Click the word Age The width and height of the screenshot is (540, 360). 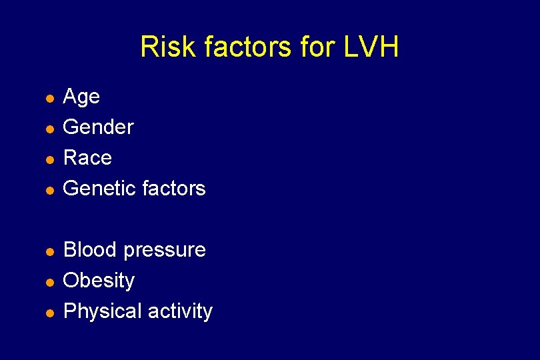tap(81, 97)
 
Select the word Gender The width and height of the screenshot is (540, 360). tap(98, 127)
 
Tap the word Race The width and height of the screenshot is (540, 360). tap(87, 157)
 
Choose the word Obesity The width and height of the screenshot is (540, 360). tap(99, 281)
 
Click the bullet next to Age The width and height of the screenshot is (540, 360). tap(49, 99)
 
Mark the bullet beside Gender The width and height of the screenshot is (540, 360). tap(49, 129)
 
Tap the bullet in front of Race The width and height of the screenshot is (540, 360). tap(49, 159)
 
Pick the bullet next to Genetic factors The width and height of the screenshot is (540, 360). tap(49, 190)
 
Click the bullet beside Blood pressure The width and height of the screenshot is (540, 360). tap(49, 251)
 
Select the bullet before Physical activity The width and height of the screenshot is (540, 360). tap(49, 313)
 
